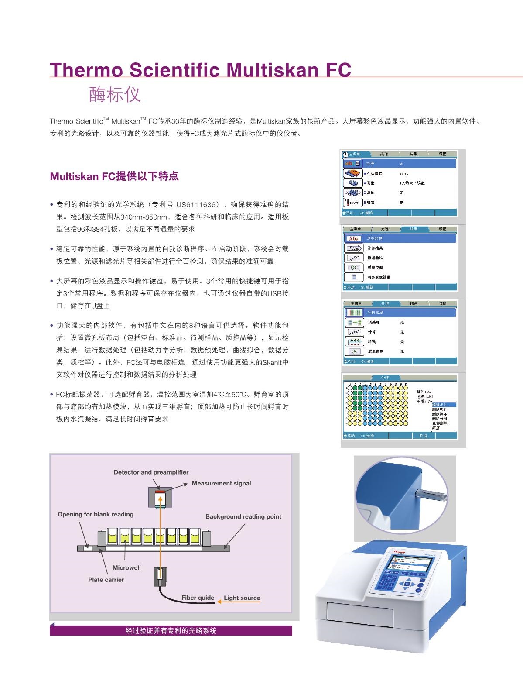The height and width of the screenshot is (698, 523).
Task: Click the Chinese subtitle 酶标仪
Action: [115, 94]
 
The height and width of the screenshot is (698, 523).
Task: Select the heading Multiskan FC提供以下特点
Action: [114, 176]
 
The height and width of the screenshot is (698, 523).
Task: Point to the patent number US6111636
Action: [197, 205]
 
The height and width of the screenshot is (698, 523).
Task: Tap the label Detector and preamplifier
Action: [151, 472]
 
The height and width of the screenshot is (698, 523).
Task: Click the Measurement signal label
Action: [221, 483]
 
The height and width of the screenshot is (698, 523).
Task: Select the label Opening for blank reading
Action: [96, 514]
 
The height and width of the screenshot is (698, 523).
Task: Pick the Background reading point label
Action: [243, 516]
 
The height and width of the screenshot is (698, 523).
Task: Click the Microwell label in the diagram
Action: [126, 567]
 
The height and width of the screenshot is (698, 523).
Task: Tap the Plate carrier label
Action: [106, 580]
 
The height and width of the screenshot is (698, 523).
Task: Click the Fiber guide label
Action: [198, 598]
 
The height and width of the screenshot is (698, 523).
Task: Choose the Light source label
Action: [242, 598]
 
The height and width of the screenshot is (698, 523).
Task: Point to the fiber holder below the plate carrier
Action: [160, 577]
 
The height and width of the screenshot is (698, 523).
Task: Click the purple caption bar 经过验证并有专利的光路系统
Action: [171, 631]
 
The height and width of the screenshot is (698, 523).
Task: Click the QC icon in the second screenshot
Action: [354, 268]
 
